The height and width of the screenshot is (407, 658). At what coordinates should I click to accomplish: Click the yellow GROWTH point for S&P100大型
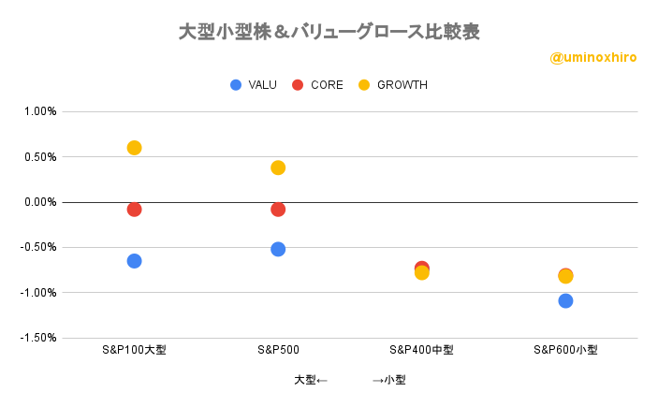(x=134, y=148)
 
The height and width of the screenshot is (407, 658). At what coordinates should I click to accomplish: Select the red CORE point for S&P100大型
(x=134, y=210)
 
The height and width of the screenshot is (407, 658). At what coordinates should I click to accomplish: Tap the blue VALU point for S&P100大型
(x=134, y=261)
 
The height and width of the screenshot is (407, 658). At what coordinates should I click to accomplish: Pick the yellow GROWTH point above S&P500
(x=278, y=167)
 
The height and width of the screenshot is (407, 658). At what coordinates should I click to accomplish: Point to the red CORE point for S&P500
(x=278, y=210)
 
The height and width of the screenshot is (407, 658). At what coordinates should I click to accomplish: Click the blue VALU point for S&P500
(x=278, y=249)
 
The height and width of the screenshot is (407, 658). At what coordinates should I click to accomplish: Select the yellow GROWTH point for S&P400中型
(x=422, y=272)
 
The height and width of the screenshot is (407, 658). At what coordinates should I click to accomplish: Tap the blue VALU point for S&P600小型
(x=565, y=301)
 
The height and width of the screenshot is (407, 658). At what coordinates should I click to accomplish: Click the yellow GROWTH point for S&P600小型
(x=565, y=276)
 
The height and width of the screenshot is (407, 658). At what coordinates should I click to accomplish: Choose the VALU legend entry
(x=254, y=85)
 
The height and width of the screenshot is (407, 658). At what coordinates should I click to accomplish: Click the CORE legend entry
(x=317, y=85)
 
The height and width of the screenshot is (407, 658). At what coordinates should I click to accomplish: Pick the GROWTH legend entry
(x=393, y=85)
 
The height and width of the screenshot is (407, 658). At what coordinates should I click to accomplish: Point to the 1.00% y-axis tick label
(x=40, y=111)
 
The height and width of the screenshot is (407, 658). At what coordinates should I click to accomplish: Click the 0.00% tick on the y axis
(x=40, y=202)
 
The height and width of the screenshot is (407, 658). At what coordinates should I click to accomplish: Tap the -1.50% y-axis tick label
(x=38, y=338)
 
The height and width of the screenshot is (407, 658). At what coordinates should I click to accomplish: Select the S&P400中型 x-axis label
(x=421, y=350)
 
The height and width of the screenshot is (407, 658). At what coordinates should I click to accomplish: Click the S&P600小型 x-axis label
(x=565, y=350)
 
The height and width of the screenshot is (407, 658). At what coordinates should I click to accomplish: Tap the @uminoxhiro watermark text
(x=593, y=57)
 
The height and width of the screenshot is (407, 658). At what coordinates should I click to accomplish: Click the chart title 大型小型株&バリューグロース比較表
(x=329, y=32)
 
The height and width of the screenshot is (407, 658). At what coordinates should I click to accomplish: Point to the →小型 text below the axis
(x=389, y=380)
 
